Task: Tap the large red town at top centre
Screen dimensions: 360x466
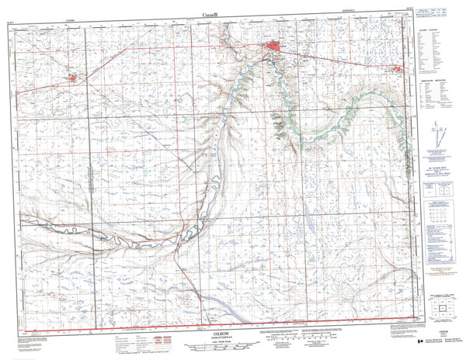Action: pos(275,50)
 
